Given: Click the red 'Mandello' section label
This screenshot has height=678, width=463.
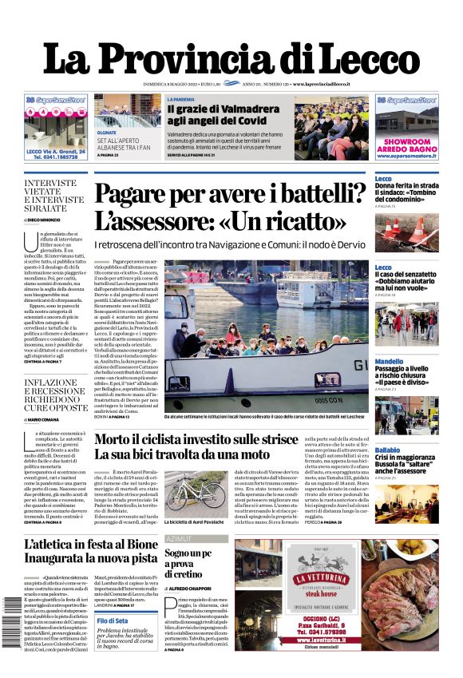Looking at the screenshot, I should (x=389, y=362).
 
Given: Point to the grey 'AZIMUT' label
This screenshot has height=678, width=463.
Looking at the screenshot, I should (x=177, y=539).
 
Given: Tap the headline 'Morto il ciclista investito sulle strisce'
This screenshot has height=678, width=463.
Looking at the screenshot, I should (x=208, y=440).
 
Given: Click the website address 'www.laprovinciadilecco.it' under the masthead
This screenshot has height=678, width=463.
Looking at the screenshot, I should (x=334, y=84).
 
